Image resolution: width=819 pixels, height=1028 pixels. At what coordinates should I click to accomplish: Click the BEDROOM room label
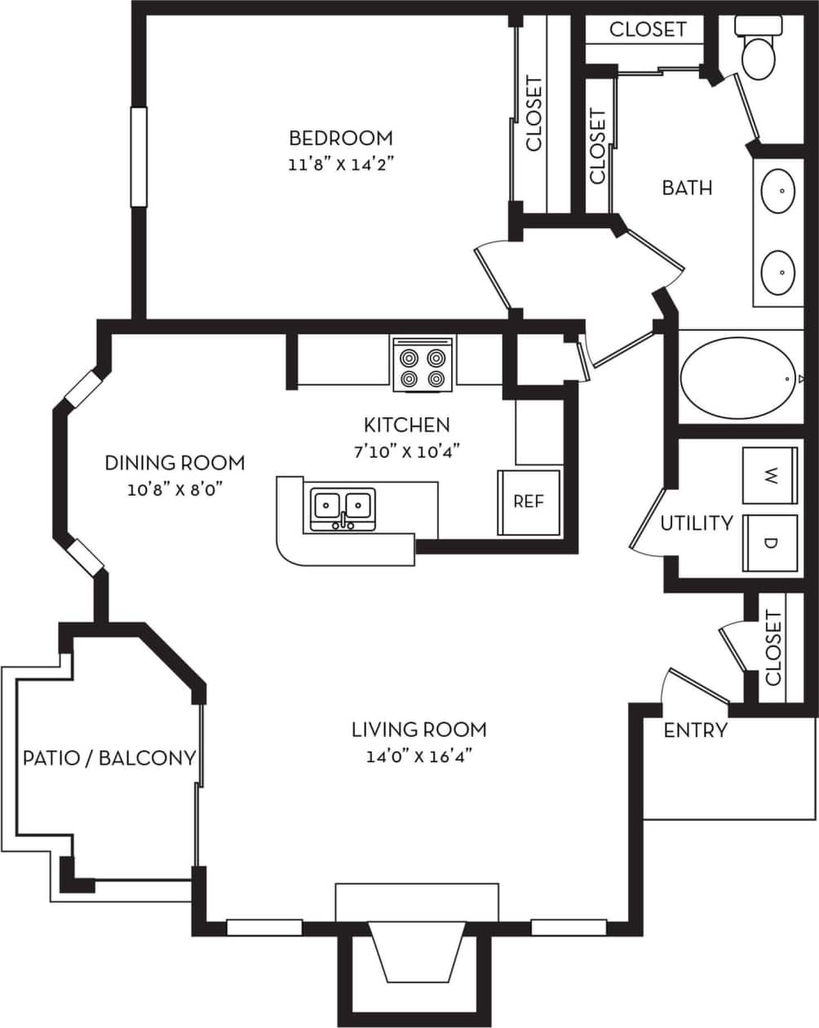340,137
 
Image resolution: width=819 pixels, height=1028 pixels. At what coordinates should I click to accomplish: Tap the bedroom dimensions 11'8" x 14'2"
340,164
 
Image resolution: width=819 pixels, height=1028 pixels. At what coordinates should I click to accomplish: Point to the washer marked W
770,475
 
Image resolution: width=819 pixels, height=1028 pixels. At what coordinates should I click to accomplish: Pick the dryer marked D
770,542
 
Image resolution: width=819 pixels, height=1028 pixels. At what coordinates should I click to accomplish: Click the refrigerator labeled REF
529,502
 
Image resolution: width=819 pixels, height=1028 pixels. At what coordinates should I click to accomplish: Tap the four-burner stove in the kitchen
423,364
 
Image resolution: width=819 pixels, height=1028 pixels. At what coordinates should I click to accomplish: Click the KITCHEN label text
406,424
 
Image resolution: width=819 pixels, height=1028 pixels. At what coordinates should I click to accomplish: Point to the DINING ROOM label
175,463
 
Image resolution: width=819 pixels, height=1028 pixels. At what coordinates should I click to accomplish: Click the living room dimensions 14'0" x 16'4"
419,756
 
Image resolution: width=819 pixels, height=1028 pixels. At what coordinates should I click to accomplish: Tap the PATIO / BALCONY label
109,758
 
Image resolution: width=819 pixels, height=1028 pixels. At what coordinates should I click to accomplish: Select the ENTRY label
695,730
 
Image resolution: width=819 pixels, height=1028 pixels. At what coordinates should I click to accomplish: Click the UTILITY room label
696,523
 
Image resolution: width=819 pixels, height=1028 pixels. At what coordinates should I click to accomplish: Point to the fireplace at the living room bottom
417,950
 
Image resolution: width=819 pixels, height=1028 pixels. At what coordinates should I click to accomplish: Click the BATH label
687,188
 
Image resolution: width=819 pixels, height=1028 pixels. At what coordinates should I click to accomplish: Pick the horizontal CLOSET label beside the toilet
648,29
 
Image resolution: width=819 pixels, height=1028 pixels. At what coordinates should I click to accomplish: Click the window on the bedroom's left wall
139,157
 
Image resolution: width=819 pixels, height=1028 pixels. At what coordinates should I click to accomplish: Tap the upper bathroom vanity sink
778,191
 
